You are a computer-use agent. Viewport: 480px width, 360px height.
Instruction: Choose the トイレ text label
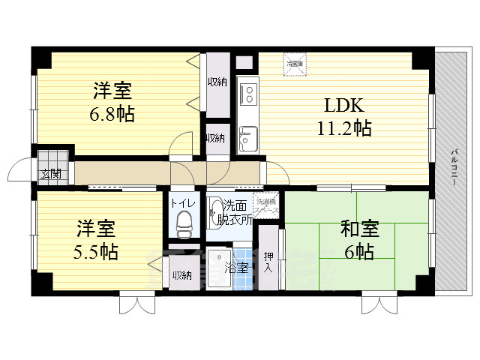pyautogui.click(x=182, y=202)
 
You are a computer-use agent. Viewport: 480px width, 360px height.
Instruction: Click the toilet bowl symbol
pyautogui.click(x=183, y=222)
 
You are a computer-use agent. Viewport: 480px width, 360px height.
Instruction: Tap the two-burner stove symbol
pyautogui.click(x=247, y=94)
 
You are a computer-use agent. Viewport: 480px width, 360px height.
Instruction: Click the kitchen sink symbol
pyautogui.click(x=247, y=137)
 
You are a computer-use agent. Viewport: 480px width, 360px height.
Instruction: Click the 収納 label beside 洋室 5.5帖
pyautogui.click(x=181, y=275)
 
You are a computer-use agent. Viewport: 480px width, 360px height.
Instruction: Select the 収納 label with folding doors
pyautogui.click(x=217, y=82)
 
